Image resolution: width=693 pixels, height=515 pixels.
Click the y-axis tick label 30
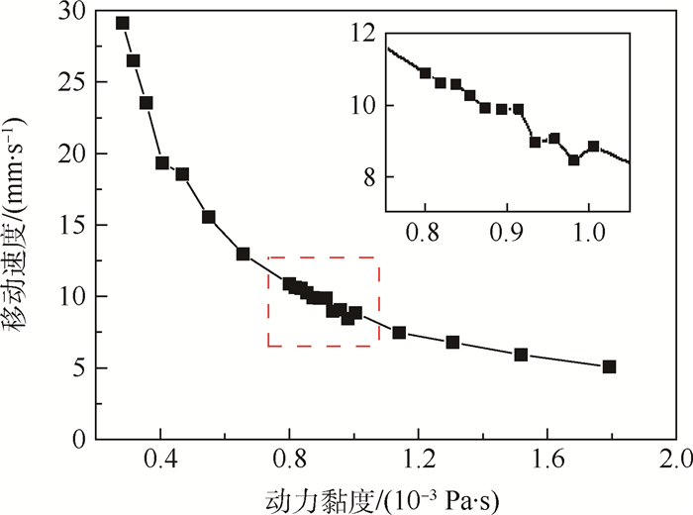pyautogui.click(x=72, y=13)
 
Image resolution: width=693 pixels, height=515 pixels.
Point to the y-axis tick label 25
pyautogui.click(x=72, y=83)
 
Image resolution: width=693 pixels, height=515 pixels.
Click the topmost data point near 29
pyautogui.click(x=123, y=23)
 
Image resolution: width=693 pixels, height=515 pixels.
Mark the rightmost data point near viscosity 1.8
pyautogui.click(x=609, y=366)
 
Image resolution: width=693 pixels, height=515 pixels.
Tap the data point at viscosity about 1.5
pyautogui.click(x=521, y=355)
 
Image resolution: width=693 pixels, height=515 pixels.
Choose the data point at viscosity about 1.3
pyautogui.click(x=452, y=343)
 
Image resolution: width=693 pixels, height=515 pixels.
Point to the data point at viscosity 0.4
pyautogui.click(x=162, y=163)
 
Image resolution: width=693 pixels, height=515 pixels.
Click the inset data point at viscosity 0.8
pyautogui.click(x=426, y=72)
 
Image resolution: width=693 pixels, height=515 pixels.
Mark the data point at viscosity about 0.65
pyautogui.click(x=243, y=254)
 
